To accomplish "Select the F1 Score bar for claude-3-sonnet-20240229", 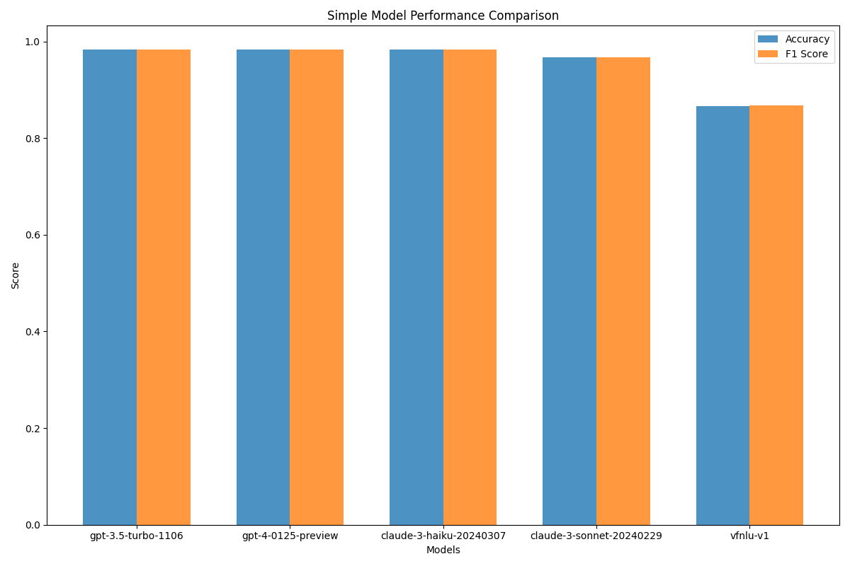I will pos(623,291).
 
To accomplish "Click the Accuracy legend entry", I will pos(807,40).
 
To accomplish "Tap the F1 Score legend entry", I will pos(806,54).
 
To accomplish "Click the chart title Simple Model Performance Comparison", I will pos(443,16).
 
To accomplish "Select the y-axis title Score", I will pos(16,275).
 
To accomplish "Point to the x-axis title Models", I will pos(443,550).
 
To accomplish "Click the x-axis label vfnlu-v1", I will pos(749,536).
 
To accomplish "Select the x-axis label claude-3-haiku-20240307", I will pos(443,536).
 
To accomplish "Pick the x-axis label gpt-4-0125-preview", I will pos(290,536).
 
